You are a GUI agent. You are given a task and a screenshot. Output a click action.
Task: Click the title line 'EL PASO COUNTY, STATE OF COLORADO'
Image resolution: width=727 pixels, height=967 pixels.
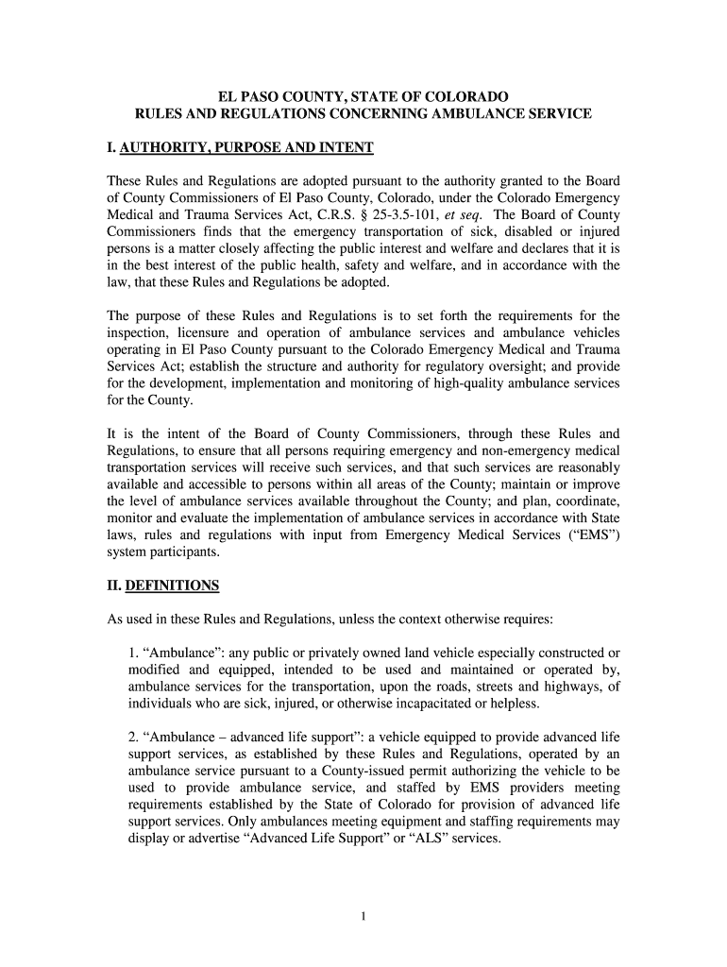pyautogui.click(x=363, y=96)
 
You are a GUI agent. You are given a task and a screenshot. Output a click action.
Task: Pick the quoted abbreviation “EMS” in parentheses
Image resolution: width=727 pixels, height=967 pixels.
pyautogui.click(x=593, y=535)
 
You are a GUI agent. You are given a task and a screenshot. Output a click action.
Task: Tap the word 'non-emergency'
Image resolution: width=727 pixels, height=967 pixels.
pyautogui.click(x=518, y=450)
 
